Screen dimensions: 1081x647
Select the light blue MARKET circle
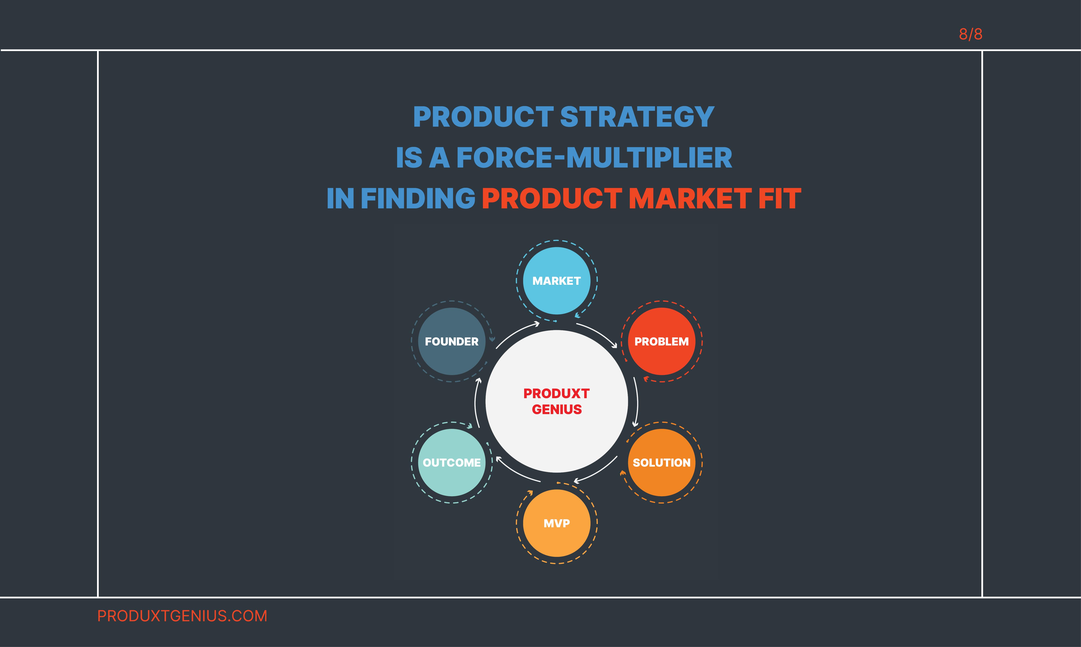pyautogui.click(x=557, y=281)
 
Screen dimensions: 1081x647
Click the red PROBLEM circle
pyautogui.click(x=662, y=341)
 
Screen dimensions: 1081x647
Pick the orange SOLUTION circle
pyautogui.click(x=662, y=463)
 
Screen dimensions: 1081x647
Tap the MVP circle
pyautogui.click(x=557, y=523)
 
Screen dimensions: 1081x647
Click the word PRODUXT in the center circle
pyautogui.click(x=557, y=394)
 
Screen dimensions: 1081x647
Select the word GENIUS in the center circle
pyautogui.click(x=557, y=409)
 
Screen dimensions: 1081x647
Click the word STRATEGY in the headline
pyautogui.click(x=637, y=117)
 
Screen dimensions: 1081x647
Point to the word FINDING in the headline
pyautogui.click(x=418, y=198)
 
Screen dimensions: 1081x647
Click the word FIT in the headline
pyautogui.click(x=780, y=198)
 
